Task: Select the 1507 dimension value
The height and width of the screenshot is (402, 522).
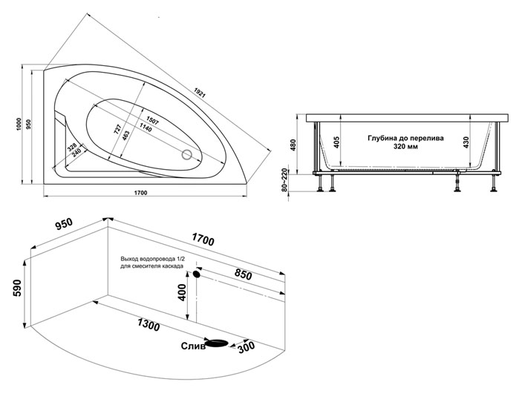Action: click(x=152, y=120)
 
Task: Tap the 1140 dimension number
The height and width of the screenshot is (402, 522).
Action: click(x=146, y=127)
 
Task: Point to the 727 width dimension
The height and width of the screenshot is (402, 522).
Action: click(x=117, y=129)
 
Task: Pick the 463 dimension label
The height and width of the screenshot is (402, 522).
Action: click(x=126, y=136)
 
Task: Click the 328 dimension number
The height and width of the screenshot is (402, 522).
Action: click(x=72, y=147)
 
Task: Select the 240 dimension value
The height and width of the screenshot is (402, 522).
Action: click(x=77, y=152)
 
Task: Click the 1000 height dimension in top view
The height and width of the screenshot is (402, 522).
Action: click(x=19, y=124)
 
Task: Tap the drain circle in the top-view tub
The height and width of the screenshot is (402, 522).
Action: click(x=187, y=154)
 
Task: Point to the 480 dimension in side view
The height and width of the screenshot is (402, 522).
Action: click(x=293, y=145)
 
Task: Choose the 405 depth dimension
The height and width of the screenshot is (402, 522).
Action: click(x=336, y=142)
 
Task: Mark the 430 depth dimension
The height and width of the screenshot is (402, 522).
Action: click(x=466, y=142)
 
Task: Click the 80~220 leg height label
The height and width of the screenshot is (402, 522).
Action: click(x=284, y=180)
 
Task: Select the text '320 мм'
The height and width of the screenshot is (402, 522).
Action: click(x=405, y=146)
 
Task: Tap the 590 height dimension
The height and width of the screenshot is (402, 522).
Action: click(x=16, y=288)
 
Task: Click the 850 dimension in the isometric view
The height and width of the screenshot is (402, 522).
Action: click(x=243, y=274)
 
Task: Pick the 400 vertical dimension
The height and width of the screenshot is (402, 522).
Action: click(x=182, y=292)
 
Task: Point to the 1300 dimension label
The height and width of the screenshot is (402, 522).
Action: click(x=148, y=325)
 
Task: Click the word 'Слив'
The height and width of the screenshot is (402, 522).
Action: click(x=193, y=346)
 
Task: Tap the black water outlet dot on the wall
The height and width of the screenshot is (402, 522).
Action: click(x=197, y=274)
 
